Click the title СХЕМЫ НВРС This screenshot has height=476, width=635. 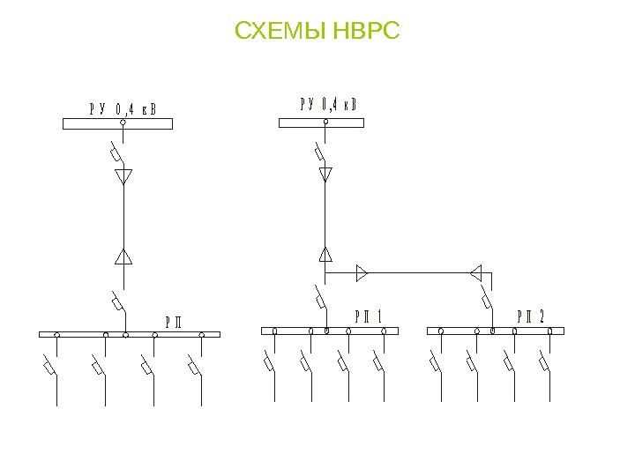[x=317, y=33]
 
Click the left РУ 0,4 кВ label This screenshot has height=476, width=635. [x=123, y=109]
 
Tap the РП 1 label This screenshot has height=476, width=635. [x=368, y=316]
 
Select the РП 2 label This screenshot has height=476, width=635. [x=531, y=316]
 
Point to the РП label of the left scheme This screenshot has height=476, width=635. [x=173, y=320]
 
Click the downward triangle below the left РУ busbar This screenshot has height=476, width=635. [x=123, y=176]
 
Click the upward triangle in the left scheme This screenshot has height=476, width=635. [x=123, y=257]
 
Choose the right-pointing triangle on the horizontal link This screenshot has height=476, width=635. [x=361, y=273]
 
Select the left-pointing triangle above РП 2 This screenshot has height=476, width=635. [x=475, y=271]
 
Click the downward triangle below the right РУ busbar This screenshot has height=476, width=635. [x=325, y=174]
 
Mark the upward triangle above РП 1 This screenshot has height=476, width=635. [x=325, y=255]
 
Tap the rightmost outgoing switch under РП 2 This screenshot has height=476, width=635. [x=546, y=362]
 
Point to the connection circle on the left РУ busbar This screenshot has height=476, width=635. [x=123, y=124]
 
